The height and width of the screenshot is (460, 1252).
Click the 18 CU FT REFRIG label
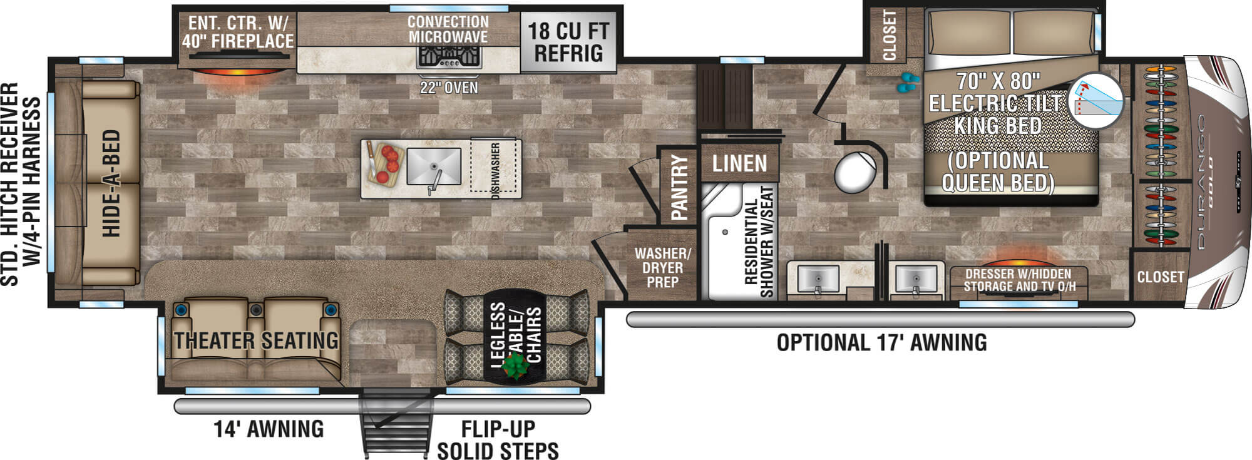tap(568, 42)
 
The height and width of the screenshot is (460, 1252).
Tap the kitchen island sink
tap(434, 166)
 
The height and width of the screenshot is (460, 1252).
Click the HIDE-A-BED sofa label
tap(111, 183)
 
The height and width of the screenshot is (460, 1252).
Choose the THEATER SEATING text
tap(256, 340)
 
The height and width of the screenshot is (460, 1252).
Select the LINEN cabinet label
tap(739, 163)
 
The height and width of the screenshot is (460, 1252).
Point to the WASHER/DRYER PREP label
tap(662, 268)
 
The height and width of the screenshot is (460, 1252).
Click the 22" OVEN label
tap(449, 88)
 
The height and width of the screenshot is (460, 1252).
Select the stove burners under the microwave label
tap(449, 58)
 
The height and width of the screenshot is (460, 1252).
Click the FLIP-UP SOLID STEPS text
tap(498, 440)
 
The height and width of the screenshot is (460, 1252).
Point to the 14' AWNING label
tap(269, 429)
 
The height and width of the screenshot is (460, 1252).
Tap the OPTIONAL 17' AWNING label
tap(881, 343)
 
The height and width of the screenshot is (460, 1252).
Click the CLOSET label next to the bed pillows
tap(889, 35)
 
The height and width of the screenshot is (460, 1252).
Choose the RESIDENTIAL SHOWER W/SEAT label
tap(758, 241)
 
